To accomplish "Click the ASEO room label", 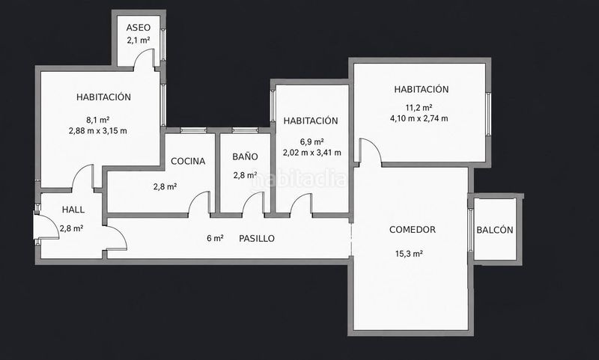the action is point(139,28).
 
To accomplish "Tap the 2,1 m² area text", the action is point(139,40).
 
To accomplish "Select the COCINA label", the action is point(188,161).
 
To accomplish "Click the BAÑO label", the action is point(246,156).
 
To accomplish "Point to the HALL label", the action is point(73,210).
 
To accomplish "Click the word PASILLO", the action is point(257,239).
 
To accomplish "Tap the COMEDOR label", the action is point(413,230).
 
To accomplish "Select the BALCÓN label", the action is point(495,230).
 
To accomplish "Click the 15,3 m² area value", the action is point(409,254).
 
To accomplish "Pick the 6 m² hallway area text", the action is point(215,238).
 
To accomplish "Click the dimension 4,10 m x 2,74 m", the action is point(419,118).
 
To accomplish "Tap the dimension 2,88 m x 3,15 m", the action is point(98,131).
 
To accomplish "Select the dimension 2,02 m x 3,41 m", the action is point(312,153).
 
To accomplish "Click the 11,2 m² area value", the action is point(419,107).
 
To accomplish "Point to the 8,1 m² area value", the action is point(98,120).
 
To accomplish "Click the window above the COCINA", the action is point(193,130).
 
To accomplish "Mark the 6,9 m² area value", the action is point(312,141).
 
